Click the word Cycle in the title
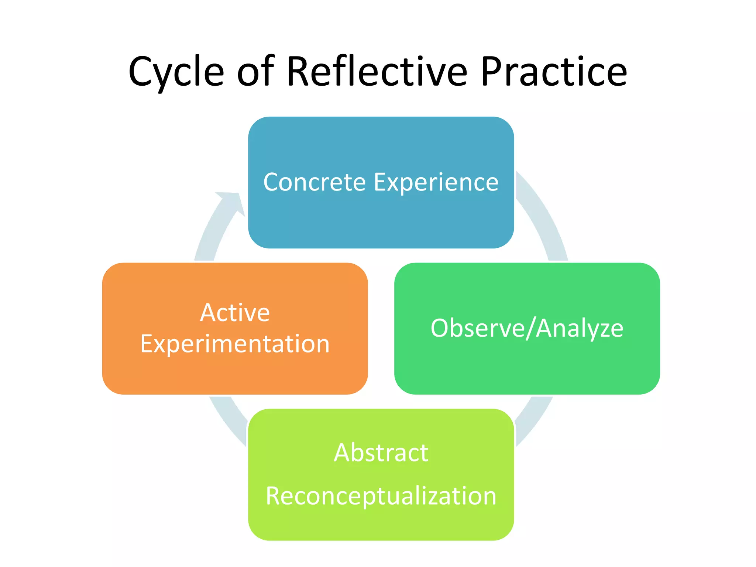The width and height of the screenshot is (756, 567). click(x=176, y=72)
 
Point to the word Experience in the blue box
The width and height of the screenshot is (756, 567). click(x=436, y=183)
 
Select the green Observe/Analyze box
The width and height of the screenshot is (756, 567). click(x=527, y=365)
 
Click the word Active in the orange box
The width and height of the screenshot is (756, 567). click(x=235, y=313)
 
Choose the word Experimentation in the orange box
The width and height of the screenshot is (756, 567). click(x=235, y=344)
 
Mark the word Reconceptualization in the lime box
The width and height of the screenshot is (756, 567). click(x=381, y=496)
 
